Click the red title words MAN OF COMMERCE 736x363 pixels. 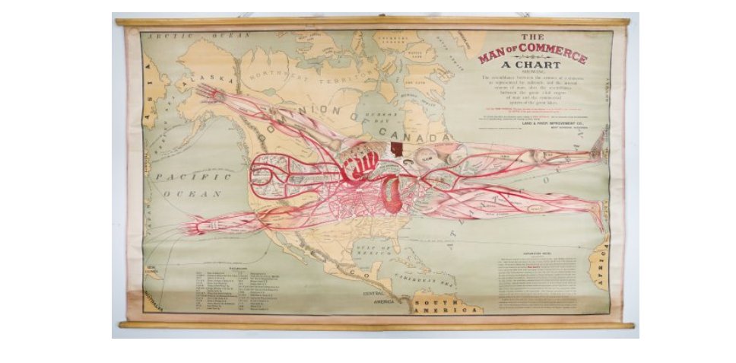532,55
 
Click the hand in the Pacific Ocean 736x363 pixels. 194,227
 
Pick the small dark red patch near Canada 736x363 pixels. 395,149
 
